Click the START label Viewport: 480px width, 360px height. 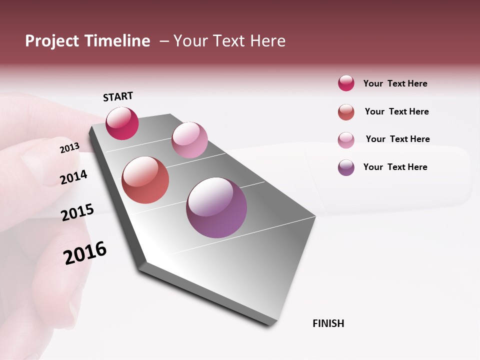[x=118, y=96]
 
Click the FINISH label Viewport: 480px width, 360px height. [x=328, y=323]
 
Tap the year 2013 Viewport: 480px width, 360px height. [x=69, y=148]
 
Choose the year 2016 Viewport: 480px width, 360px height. [x=85, y=252]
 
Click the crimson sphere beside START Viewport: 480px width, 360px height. [x=122, y=123]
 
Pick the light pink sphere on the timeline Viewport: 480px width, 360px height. [x=189, y=140]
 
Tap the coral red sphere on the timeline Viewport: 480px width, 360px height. [x=145, y=180]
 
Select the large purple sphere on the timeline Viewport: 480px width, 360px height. [x=216, y=207]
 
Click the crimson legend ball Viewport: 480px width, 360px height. [x=346, y=83]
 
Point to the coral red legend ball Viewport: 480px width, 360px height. [x=346, y=112]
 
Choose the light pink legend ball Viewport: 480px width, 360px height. [x=346, y=139]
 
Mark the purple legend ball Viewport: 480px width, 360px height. [x=346, y=167]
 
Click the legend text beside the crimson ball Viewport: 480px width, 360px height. [x=395, y=83]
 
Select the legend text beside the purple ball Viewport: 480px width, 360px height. [x=395, y=167]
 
